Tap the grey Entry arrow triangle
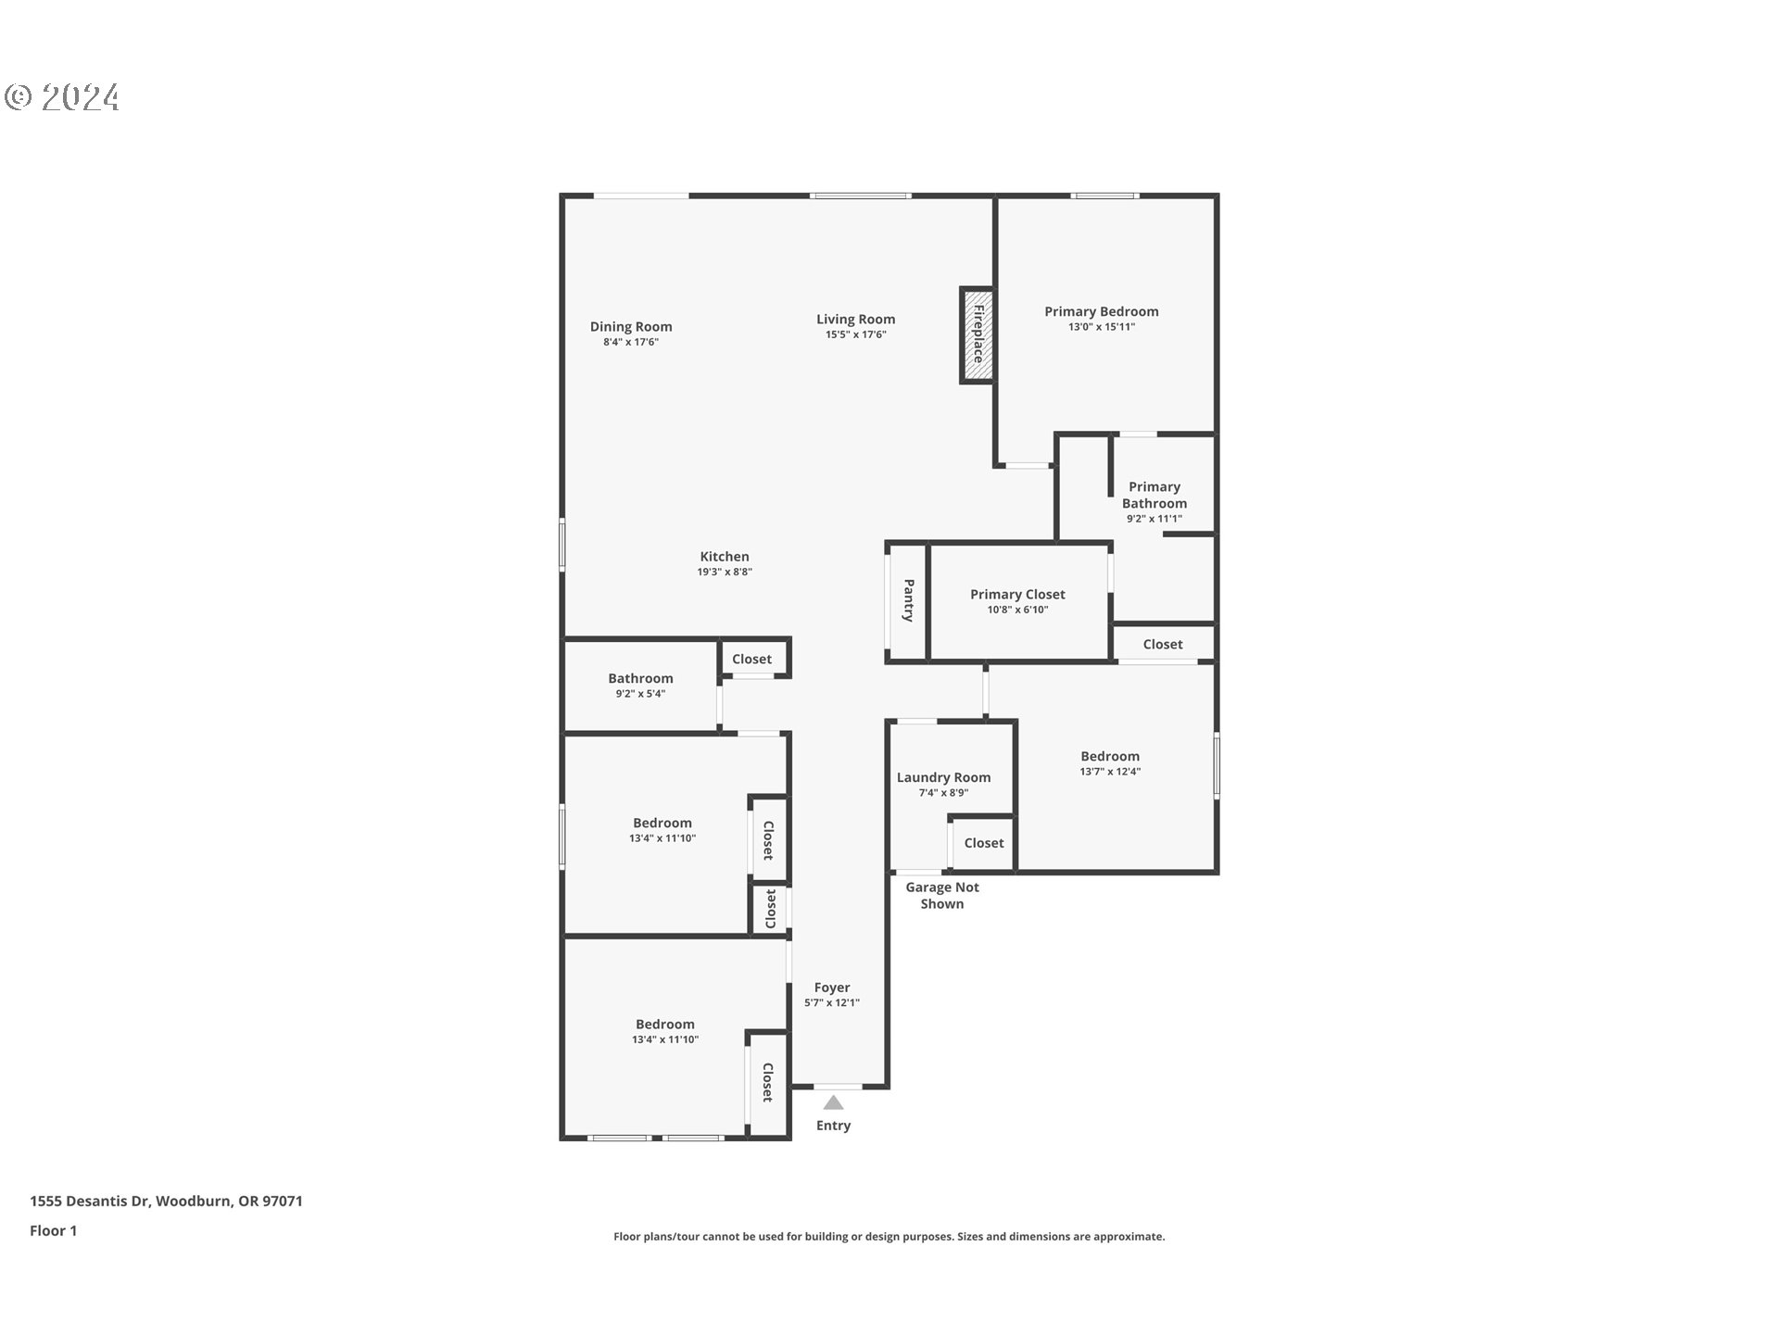pos(833,1102)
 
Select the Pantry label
pos(908,600)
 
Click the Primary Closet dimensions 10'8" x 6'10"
pos(1017,610)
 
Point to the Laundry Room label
pos(943,777)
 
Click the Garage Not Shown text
pos(941,895)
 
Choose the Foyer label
pos(831,988)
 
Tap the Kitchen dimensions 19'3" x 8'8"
pos(725,572)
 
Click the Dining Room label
pos(631,326)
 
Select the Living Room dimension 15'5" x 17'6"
pos(855,334)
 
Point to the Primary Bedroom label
pos(1101,311)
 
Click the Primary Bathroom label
pos(1154,495)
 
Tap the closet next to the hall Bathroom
pos(751,659)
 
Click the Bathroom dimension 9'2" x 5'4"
pos(640,694)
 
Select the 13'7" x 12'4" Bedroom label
pos(1109,756)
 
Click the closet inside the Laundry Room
pos(983,843)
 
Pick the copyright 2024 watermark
pos(62,97)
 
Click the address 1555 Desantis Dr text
pos(166,1201)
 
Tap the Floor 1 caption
pos(53,1230)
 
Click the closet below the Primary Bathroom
pos(1162,644)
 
